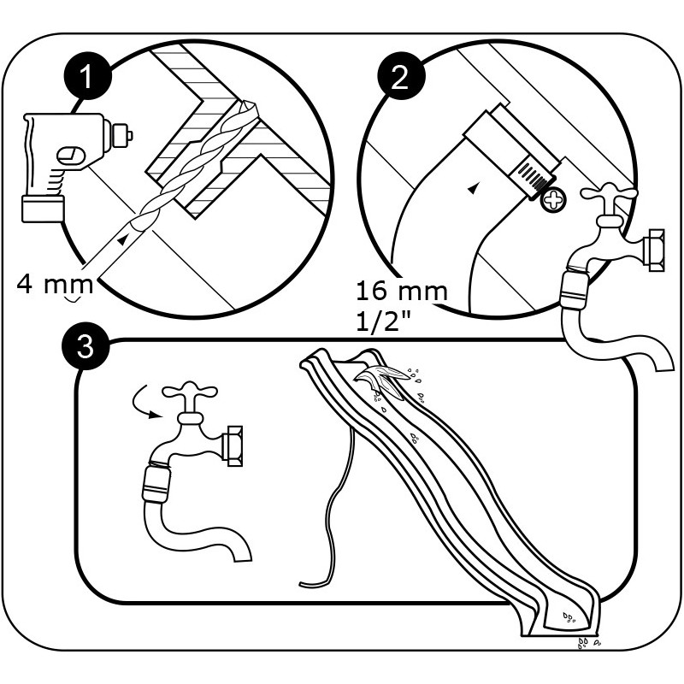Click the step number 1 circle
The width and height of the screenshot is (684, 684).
pyautogui.click(x=87, y=79)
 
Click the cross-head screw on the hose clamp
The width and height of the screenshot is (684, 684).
pyautogui.click(x=555, y=202)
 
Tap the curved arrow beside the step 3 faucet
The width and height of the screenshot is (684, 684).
pyautogui.click(x=142, y=407)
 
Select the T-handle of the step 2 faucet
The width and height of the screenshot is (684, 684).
pyautogui.click(x=610, y=198)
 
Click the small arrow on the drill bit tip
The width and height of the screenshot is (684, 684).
pyautogui.click(x=127, y=241)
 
